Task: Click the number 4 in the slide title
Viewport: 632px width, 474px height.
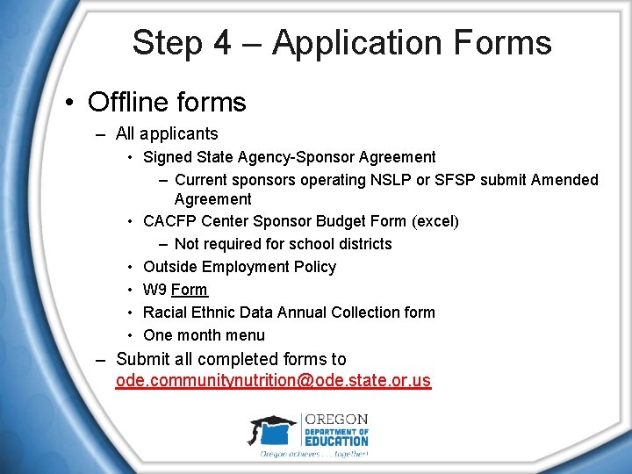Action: coord(221,43)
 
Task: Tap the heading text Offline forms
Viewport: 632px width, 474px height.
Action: coord(167,102)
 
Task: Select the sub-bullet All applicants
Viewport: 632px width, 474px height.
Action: coord(167,134)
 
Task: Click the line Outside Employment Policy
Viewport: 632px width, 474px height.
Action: coord(240,267)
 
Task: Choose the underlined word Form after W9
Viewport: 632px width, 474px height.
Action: coord(190,290)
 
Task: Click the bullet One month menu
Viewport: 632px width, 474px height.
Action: coord(204,335)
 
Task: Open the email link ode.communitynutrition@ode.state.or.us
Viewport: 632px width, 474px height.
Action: coord(273,381)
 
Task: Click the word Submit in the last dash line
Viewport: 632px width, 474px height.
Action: coord(141,359)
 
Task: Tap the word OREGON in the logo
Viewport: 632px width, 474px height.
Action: coord(336,419)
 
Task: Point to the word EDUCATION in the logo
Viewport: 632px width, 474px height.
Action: coord(336,442)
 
